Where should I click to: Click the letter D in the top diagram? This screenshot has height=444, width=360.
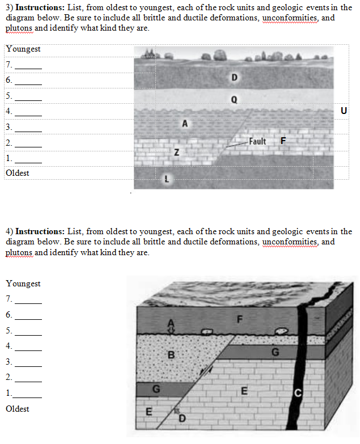(x=235, y=77)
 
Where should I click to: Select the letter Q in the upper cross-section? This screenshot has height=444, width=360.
(x=234, y=99)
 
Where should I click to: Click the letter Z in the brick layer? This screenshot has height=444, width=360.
(x=177, y=152)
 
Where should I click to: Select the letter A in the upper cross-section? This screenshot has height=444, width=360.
(x=185, y=122)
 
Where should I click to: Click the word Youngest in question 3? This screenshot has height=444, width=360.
(x=23, y=49)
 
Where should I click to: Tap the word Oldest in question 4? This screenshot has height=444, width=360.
(x=18, y=408)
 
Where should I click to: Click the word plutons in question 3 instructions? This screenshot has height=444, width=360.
(x=19, y=28)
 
